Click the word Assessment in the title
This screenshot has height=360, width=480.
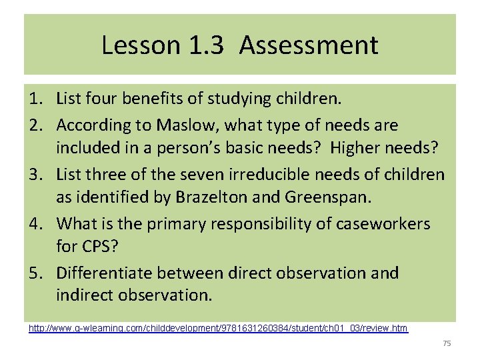[309, 46]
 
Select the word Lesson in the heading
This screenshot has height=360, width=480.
[140, 46]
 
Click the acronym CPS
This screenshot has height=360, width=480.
[101, 248]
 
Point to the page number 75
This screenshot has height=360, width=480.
[447, 343]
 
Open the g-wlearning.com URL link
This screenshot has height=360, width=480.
[218, 328]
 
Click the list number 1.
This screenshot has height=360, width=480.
[37, 100]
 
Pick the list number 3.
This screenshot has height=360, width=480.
[37, 174]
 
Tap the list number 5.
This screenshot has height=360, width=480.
[37, 273]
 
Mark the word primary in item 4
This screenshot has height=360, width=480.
[194, 223]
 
